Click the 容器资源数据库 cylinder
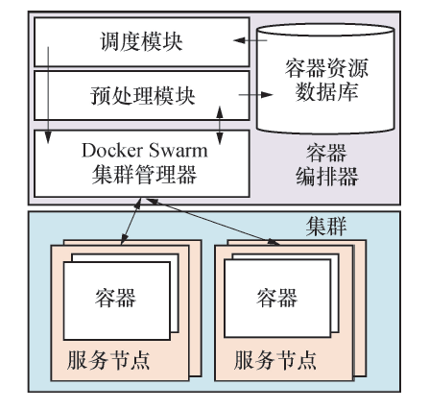tap(327, 82)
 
